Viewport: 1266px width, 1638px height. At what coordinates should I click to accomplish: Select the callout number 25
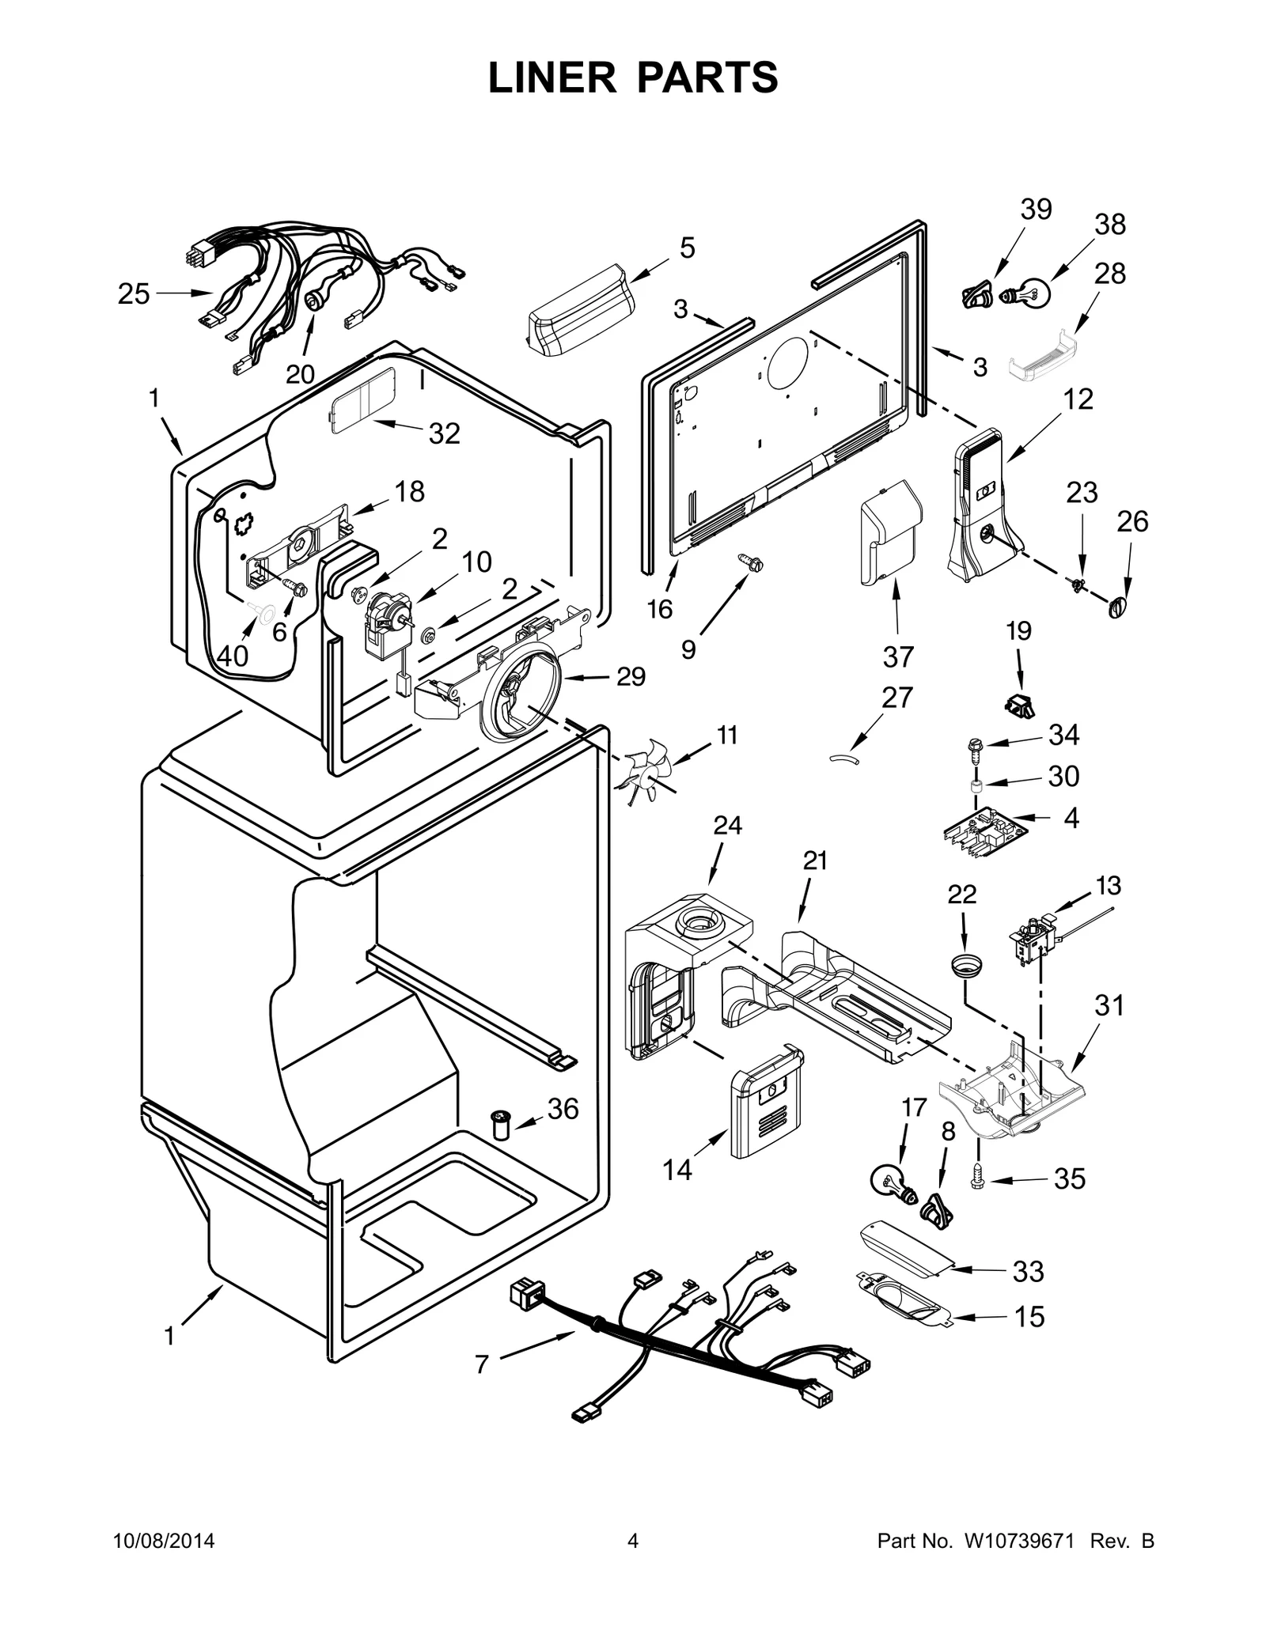[x=134, y=294]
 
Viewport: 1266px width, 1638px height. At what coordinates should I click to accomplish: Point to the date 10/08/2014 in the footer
[x=164, y=1541]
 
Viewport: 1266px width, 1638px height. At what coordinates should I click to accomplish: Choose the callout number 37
[x=897, y=656]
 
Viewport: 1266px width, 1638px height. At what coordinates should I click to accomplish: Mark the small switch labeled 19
[x=1018, y=705]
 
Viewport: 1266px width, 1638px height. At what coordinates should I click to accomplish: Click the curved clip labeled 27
[x=843, y=758]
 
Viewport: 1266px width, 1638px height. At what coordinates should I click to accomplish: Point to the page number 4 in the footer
[x=632, y=1541]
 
